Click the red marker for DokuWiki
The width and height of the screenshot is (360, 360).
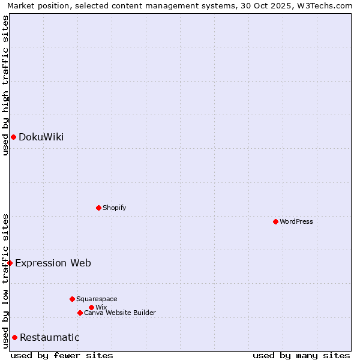[x=13, y=137]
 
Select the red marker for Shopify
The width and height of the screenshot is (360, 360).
[x=98, y=208]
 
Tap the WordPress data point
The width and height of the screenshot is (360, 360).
[x=275, y=221]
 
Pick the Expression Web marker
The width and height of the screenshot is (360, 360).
[x=10, y=263]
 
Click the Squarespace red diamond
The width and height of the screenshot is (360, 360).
[x=72, y=299]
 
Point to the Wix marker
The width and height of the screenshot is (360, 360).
[x=91, y=307]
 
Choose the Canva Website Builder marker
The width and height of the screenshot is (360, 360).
[x=80, y=313]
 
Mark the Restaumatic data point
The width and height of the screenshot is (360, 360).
[x=14, y=337]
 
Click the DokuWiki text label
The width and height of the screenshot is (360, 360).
[x=41, y=137]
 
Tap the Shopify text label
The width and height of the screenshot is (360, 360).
[x=114, y=208]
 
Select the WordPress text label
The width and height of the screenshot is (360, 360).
[x=296, y=221]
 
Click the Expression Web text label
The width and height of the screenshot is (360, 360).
[x=53, y=263]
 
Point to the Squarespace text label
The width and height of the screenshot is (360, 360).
[x=97, y=299]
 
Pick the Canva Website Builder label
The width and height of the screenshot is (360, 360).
[x=119, y=313]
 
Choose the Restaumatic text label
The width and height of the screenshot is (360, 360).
[x=49, y=337]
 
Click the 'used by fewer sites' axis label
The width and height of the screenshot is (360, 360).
[x=62, y=355]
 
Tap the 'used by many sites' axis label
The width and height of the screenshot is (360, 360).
[x=301, y=355]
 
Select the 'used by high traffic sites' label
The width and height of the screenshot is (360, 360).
[x=5, y=85]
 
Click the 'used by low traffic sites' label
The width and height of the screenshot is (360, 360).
[x=5, y=281]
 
